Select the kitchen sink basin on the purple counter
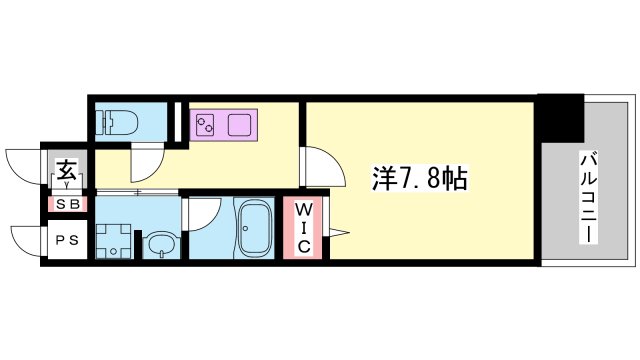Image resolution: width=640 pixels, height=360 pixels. pos(241,125)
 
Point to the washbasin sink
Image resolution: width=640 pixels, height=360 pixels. pos(160,243)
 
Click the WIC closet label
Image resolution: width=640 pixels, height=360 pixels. pos(305,227)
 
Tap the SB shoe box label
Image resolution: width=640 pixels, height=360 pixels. pos(68,204)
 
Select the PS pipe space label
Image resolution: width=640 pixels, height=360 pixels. pos(68,240)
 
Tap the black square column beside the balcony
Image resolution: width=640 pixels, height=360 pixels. pos(559,118)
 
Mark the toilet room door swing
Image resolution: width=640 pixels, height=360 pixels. pos(145,158)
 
